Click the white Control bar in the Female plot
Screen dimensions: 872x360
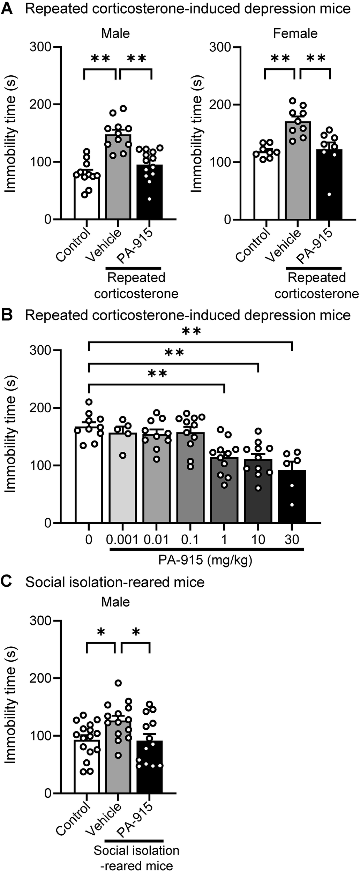pos(267,188)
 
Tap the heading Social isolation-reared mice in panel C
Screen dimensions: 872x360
pos(115,582)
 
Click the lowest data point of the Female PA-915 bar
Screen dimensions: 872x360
pos(329,194)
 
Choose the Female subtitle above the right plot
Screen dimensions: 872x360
pos(295,33)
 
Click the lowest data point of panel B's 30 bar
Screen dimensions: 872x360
pos(292,505)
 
